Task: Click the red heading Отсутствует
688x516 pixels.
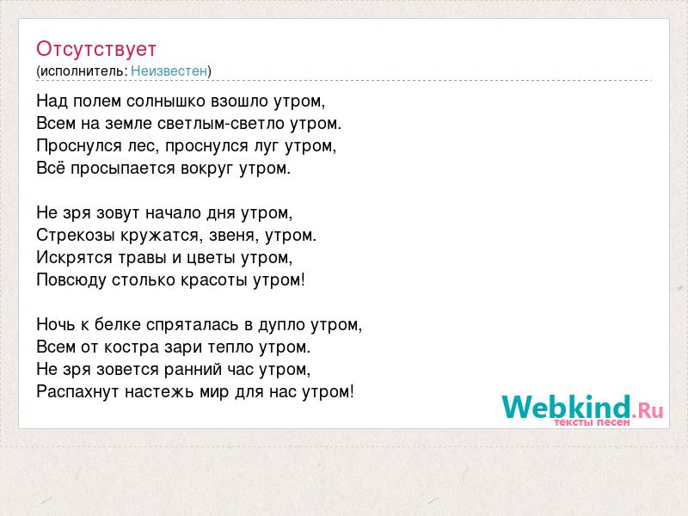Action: [x=96, y=49]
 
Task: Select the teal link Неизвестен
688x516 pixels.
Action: [x=169, y=71]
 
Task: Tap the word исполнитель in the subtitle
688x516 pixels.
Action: [x=82, y=71]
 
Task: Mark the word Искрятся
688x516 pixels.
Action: [x=74, y=257]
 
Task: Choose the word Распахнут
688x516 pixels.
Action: [x=78, y=391]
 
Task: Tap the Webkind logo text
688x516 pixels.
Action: [x=566, y=407]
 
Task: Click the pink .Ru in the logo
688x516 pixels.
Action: [x=648, y=410]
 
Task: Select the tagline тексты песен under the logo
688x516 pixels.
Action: [x=592, y=422]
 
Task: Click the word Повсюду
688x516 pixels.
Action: [x=71, y=280]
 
